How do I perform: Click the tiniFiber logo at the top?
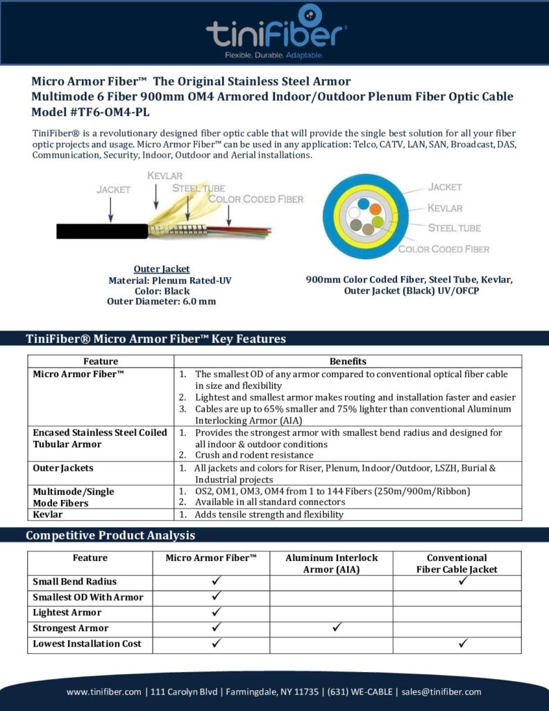276,31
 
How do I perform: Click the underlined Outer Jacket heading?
162,269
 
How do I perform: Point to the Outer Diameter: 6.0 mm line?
162,301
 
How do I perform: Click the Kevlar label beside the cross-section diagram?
445,208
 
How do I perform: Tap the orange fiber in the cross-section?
374,208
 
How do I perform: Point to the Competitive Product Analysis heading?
110,535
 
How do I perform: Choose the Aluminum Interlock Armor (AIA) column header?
331,564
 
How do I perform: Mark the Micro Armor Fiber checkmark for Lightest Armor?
216,612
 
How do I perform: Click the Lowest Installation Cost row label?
87,644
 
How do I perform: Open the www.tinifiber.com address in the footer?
103,692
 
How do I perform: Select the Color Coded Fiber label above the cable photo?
255,199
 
